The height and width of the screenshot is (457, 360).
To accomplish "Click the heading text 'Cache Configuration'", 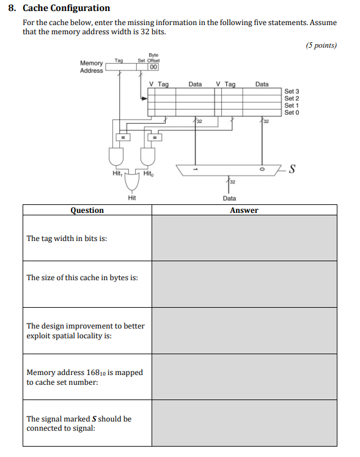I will [x=66, y=8].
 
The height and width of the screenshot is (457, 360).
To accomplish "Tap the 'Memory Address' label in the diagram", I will [x=92, y=67].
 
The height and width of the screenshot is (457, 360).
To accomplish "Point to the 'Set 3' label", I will [x=292, y=91].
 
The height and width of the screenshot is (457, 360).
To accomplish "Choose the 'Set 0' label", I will [x=292, y=113].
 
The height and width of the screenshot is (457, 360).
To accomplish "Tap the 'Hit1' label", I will [x=117, y=174].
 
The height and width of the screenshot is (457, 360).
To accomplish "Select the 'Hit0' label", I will [x=148, y=174].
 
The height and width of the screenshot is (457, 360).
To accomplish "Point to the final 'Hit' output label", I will [x=131, y=198].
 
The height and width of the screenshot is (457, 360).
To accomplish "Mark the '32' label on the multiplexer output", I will [x=233, y=182].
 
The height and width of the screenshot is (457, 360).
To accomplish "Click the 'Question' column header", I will [x=87, y=210].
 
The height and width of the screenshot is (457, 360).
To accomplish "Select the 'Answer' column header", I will [x=244, y=210].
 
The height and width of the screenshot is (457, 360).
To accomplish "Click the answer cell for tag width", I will [x=244, y=238].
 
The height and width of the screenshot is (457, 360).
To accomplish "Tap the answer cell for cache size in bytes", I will [x=244, y=284].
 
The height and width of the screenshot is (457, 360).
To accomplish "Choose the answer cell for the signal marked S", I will [x=244, y=423].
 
